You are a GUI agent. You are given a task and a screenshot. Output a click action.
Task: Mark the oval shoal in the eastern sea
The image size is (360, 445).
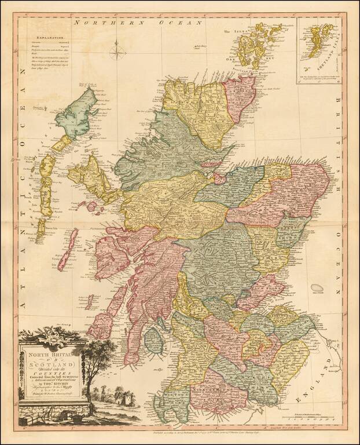pos(317,287)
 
